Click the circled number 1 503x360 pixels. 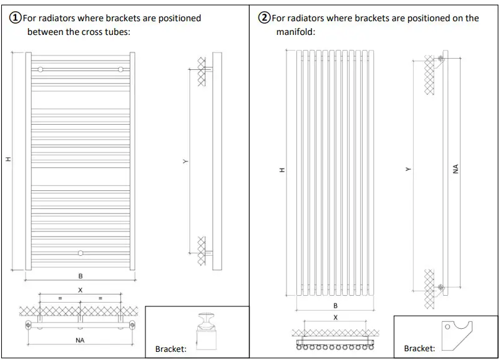coord(16,18)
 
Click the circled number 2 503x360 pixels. coord(265,18)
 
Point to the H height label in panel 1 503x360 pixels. coord(8,160)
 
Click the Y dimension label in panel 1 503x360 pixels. coord(185,161)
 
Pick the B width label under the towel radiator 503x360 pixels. coord(80,276)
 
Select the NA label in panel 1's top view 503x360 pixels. coord(80,340)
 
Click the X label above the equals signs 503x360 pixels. coord(80,290)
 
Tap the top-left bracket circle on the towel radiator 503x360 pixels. coord(41,69)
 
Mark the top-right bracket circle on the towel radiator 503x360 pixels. coord(120,69)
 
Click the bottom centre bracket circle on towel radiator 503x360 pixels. coord(80,253)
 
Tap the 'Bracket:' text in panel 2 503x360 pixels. coord(419,349)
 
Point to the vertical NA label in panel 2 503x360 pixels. coord(456,169)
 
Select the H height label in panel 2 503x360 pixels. coord(281,170)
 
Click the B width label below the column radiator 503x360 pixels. coord(335,306)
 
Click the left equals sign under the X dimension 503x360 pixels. coord(61,299)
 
